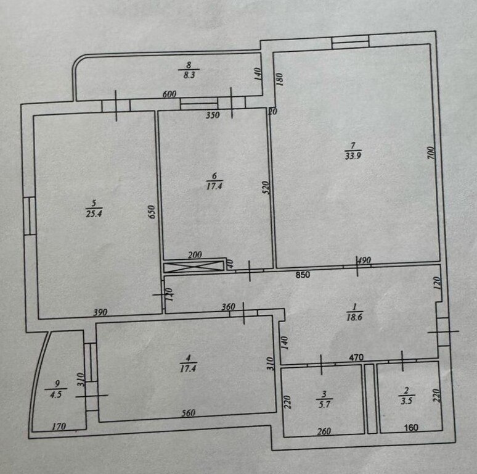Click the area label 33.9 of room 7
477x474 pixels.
click(x=353, y=156)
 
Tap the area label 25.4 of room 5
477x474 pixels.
click(x=94, y=214)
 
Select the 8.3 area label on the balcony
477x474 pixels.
click(x=189, y=75)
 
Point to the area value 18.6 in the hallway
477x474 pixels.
click(x=354, y=317)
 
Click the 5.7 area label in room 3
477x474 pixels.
click(x=325, y=404)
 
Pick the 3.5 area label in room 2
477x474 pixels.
click(x=406, y=401)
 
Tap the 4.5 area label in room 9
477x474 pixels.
click(x=55, y=394)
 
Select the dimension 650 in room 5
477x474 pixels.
click(x=152, y=212)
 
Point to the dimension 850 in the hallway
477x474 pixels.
click(x=303, y=275)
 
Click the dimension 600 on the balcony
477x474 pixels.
click(x=169, y=94)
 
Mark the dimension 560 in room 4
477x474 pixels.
click(x=189, y=413)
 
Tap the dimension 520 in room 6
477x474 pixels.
click(x=266, y=188)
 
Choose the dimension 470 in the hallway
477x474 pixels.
click(x=356, y=357)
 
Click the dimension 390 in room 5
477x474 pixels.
click(x=100, y=312)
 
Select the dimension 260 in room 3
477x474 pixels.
click(x=324, y=431)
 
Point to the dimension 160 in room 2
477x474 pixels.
click(x=410, y=428)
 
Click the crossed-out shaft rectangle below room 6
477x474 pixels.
click(x=194, y=267)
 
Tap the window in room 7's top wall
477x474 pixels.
click(x=350, y=42)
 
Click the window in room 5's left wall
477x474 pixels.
click(x=30, y=216)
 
